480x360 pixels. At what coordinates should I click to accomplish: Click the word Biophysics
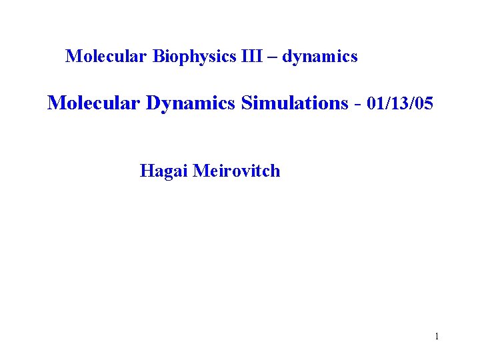coord(193,57)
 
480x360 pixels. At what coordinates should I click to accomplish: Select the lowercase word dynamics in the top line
coord(320,57)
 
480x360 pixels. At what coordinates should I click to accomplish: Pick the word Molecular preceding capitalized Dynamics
coord(94,103)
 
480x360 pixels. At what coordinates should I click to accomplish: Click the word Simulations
coord(295,103)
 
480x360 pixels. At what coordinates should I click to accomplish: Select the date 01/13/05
coord(400,103)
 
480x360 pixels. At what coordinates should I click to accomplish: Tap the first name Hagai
coord(164,171)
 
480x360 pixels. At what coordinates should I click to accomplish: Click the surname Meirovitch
coord(237,171)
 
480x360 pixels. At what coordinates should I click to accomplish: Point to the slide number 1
coord(437,336)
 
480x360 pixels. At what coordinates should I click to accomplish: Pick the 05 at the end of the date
coord(424,103)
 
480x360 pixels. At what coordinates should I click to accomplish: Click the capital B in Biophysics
coord(157,57)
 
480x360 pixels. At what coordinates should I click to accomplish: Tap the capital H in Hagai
coord(146,171)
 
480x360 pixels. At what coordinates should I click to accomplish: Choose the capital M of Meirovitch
coord(200,171)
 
